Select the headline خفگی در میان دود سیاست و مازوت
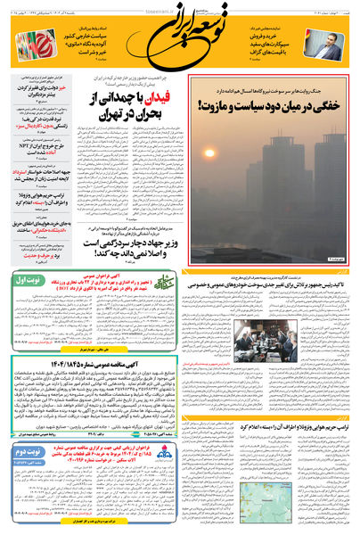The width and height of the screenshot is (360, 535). coord(272,107)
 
